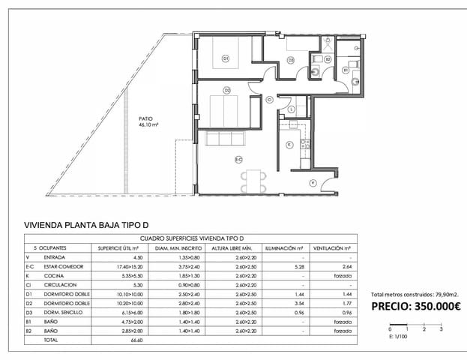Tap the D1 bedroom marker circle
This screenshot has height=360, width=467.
226,58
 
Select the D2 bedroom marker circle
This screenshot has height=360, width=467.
226,91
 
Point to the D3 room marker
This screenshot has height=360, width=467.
290,59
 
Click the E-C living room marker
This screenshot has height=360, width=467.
238,159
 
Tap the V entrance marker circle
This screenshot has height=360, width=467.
313,182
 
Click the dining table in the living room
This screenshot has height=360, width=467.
253,180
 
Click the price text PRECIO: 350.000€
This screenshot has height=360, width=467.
416,306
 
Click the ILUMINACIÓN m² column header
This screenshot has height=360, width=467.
283,247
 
